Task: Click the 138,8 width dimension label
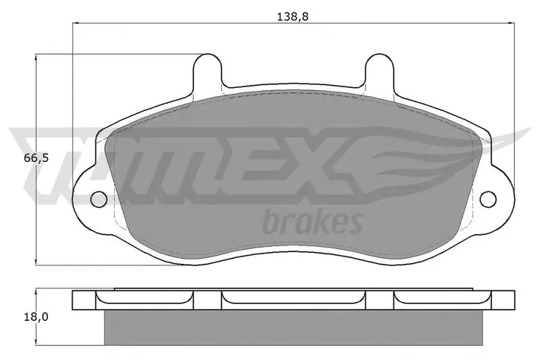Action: coord(292,16)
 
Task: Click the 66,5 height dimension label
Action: coord(36,158)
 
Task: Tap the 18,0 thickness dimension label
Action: coord(36,317)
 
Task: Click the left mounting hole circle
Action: coord(99,200)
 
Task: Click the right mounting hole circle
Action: coord(488,200)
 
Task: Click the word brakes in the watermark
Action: coord(312,223)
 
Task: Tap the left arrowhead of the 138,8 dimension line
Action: coord(75,23)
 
